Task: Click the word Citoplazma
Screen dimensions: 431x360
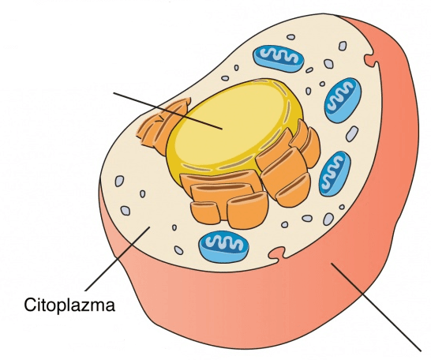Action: pyautogui.click(x=69, y=305)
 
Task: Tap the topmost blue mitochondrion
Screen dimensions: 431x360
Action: pyautogui.click(x=278, y=58)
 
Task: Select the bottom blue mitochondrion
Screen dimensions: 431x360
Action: pyautogui.click(x=223, y=246)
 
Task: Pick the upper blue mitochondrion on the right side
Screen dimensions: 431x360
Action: pyautogui.click(x=343, y=100)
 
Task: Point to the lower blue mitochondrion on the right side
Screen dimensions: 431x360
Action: pyautogui.click(x=335, y=174)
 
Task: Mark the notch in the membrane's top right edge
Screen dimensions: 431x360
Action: pyautogui.click(x=371, y=60)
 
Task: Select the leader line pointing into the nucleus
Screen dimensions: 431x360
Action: pyautogui.click(x=167, y=111)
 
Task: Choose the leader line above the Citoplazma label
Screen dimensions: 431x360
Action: pyautogui.click(x=118, y=259)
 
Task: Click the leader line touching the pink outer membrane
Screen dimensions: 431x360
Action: pyautogui.click(x=376, y=306)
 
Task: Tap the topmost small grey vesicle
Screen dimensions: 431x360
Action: pyautogui.click(x=290, y=37)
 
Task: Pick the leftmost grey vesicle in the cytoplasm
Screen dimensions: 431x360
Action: pyautogui.click(x=119, y=181)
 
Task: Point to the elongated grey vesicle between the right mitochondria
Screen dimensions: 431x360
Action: pyautogui.click(x=352, y=134)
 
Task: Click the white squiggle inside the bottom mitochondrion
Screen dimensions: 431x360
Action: pyautogui.click(x=224, y=242)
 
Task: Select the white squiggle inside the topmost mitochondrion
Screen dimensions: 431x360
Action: pyautogui.click(x=279, y=55)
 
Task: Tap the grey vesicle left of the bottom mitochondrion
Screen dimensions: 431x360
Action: pyautogui.click(x=178, y=250)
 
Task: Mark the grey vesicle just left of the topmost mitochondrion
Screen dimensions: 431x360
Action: pyautogui.click(x=236, y=68)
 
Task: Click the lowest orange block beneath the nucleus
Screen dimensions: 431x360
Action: pyautogui.click(x=247, y=210)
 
